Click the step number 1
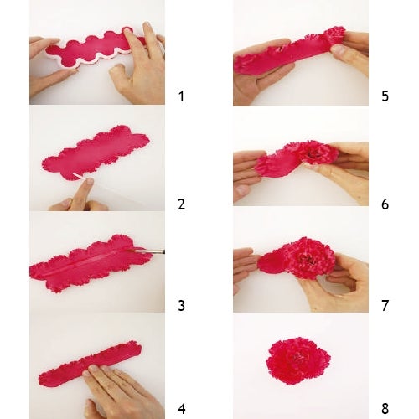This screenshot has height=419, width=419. pyautogui.click(x=181, y=96)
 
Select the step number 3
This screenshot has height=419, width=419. pyautogui.click(x=181, y=306)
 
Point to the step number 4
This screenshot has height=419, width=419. pyautogui.click(x=181, y=409)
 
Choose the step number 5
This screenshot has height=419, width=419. pyautogui.click(x=385, y=96)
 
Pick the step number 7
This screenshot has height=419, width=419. pyautogui.click(x=385, y=306)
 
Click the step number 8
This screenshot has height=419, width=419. pyautogui.click(x=385, y=409)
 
